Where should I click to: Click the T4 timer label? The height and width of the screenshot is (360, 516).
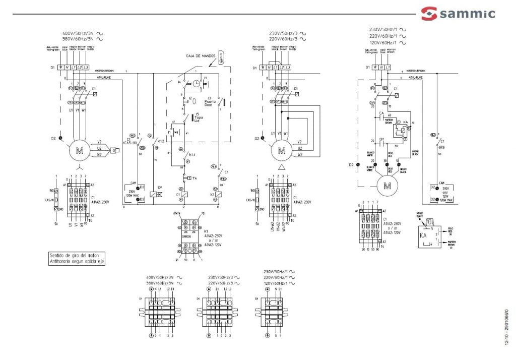[x=192, y=178]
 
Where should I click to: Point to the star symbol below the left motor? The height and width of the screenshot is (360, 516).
[x=78, y=167]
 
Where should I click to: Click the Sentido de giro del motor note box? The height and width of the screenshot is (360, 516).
[x=77, y=258]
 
